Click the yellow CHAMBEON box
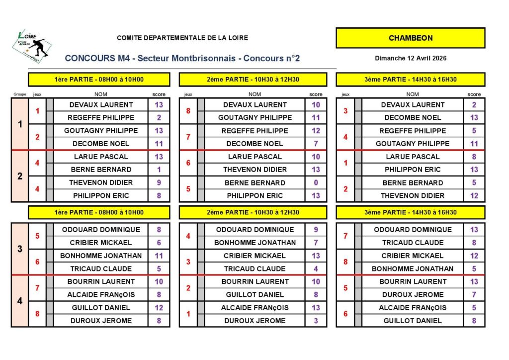coord(410,38)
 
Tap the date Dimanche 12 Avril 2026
coord(411,58)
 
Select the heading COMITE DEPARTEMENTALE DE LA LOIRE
coord(182,38)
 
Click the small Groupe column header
coord(20,94)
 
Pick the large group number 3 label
coord(20,249)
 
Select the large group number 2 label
coord(20,176)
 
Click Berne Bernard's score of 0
coord(316,182)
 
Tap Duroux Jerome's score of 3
coord(316,321)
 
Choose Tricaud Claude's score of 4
coord(316,269)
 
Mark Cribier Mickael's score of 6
coord(159,243)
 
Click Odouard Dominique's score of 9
coord(316,230)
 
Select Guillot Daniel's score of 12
coord(159,308)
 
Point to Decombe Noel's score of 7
coord(316,144)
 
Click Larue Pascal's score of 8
coord(474,157)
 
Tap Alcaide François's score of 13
coord(316,308)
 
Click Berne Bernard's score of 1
coord(159,170)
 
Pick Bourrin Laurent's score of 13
coord(474,281)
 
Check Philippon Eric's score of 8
coord(159,195)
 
